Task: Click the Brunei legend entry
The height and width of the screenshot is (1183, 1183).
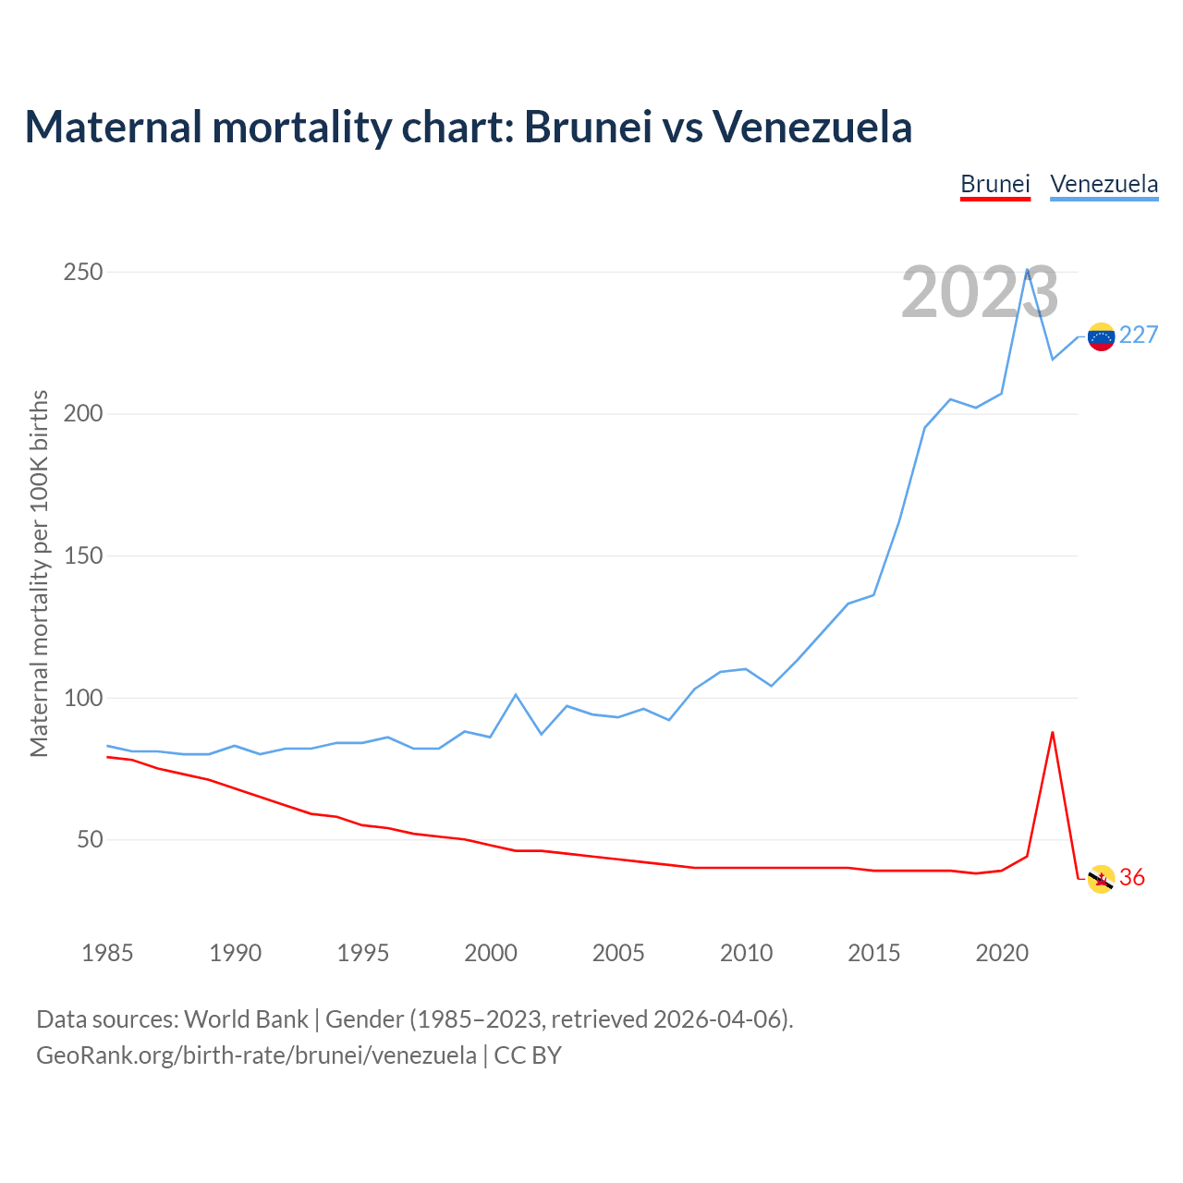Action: click(994, 184)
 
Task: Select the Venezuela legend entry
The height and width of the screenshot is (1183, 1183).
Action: click(1104, 184)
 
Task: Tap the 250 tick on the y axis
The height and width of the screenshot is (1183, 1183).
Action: click(82, 273)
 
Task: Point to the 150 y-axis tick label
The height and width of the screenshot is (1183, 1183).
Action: click(82, 556)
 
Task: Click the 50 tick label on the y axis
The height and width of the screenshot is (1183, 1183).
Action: click(89, 840)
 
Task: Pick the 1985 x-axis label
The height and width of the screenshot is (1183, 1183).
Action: click(107, 953)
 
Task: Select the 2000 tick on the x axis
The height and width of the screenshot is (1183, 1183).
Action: click(491, 953)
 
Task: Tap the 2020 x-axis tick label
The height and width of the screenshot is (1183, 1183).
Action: click(1002, 953)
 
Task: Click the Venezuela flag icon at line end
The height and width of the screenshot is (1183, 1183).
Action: click(1101, 336)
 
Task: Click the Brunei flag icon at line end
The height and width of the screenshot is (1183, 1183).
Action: click(1101, 879)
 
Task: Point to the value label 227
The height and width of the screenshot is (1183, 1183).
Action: click(1139, 335)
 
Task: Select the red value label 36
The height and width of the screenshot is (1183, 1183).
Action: click(1132, 878)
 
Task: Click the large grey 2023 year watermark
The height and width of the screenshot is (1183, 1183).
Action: click(980, 293)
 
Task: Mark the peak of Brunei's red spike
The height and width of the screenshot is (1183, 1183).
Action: click(1053, 732)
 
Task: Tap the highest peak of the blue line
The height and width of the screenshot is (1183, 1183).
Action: click(1027, 270)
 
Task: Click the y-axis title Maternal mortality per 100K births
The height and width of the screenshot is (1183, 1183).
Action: click(39, 573)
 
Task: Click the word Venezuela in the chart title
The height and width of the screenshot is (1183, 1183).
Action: click(811, 127)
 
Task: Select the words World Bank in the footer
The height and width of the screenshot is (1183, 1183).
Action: click(246, 1019)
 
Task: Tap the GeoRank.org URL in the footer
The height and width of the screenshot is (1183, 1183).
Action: click(256, 1055)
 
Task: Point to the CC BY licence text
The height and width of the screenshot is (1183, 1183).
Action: click(528, 1055)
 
